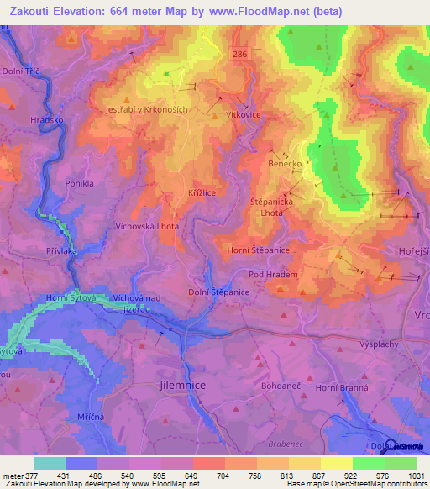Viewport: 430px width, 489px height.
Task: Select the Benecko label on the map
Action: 285,163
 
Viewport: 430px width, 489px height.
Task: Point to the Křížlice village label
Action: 204,192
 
